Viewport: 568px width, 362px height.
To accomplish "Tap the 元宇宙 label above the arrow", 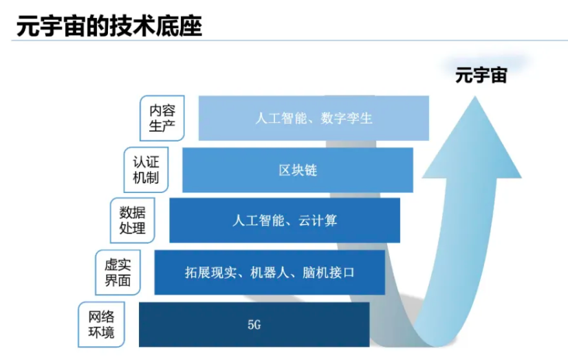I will coord(481,75).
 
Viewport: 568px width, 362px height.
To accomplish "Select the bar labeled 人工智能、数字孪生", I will coord(314,118).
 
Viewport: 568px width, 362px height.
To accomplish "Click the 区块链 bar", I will coord(298,170).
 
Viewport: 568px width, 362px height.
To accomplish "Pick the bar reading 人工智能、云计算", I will coord(285,220).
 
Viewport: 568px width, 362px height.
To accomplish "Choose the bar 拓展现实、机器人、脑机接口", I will coord(270,273).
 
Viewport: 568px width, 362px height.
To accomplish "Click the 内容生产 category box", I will coord(162,118).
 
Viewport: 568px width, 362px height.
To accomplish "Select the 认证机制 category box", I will coord(146,170).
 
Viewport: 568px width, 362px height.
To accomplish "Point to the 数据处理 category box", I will coord(133,220).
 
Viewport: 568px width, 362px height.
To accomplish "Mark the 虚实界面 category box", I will coord(117,273).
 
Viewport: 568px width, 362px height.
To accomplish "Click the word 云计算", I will coord(317,220).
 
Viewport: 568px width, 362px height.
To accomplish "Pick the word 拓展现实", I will coord(210,273).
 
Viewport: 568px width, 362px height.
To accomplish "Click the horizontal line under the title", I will coord(289,41).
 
